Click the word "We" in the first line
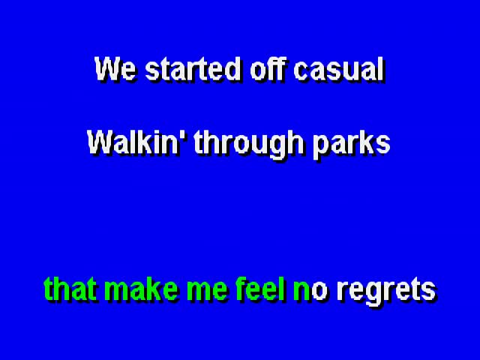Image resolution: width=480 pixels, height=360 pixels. [115, 69]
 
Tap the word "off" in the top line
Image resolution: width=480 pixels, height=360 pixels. [268, 68]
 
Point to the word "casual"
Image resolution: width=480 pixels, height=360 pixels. [339, 69]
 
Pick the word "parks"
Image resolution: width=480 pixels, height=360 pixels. [352, 145]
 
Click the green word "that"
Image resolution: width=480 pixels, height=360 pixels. [71, 289]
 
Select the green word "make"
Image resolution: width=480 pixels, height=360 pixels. [141, 289]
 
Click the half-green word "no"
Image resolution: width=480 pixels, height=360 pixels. [310, 292]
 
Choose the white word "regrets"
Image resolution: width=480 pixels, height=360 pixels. [386, 292]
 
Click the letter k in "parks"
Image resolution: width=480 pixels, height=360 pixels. [367, 142]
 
